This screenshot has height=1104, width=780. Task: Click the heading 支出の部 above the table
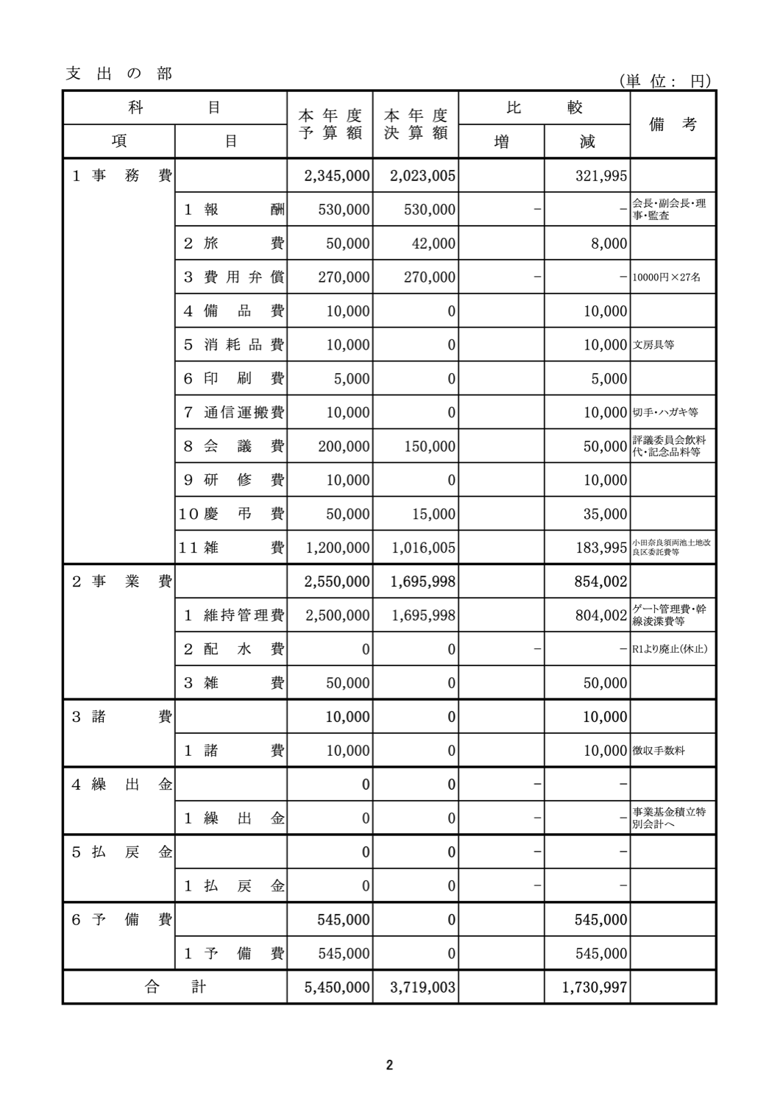tap(119, 74)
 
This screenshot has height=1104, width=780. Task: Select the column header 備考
tap(673, 124)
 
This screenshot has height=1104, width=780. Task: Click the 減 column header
tap(586, 141)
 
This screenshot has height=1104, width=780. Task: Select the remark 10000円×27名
tap(667, 277)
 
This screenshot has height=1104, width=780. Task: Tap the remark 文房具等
tap(653, 345)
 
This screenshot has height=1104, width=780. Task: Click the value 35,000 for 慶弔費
tap(605, 514)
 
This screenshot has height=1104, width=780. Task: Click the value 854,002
tap(600, 582)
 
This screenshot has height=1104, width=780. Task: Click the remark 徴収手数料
tap(659, 751)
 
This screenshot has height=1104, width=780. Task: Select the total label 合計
tap(175, 988)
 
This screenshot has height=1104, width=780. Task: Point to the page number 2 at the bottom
tap(389, 1065)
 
